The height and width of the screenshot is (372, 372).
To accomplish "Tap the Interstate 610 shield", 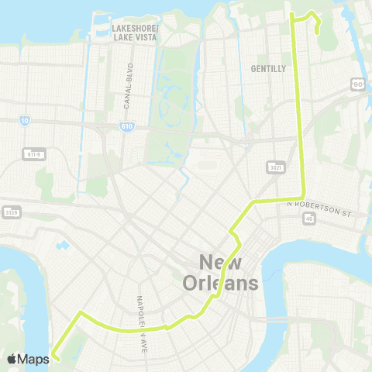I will tap(126, 126).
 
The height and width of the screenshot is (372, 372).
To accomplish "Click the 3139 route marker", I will tap(9, 212).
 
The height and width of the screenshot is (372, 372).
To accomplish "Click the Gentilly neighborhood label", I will tap(268, 68).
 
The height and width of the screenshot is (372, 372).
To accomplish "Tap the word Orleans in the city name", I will tap(220, 283).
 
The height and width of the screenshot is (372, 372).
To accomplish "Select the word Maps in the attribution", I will tap(33, 359).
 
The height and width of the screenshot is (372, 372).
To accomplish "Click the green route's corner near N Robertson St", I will tap(304, 197).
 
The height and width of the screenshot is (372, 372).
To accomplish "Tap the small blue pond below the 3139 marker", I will tap(62, 246).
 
